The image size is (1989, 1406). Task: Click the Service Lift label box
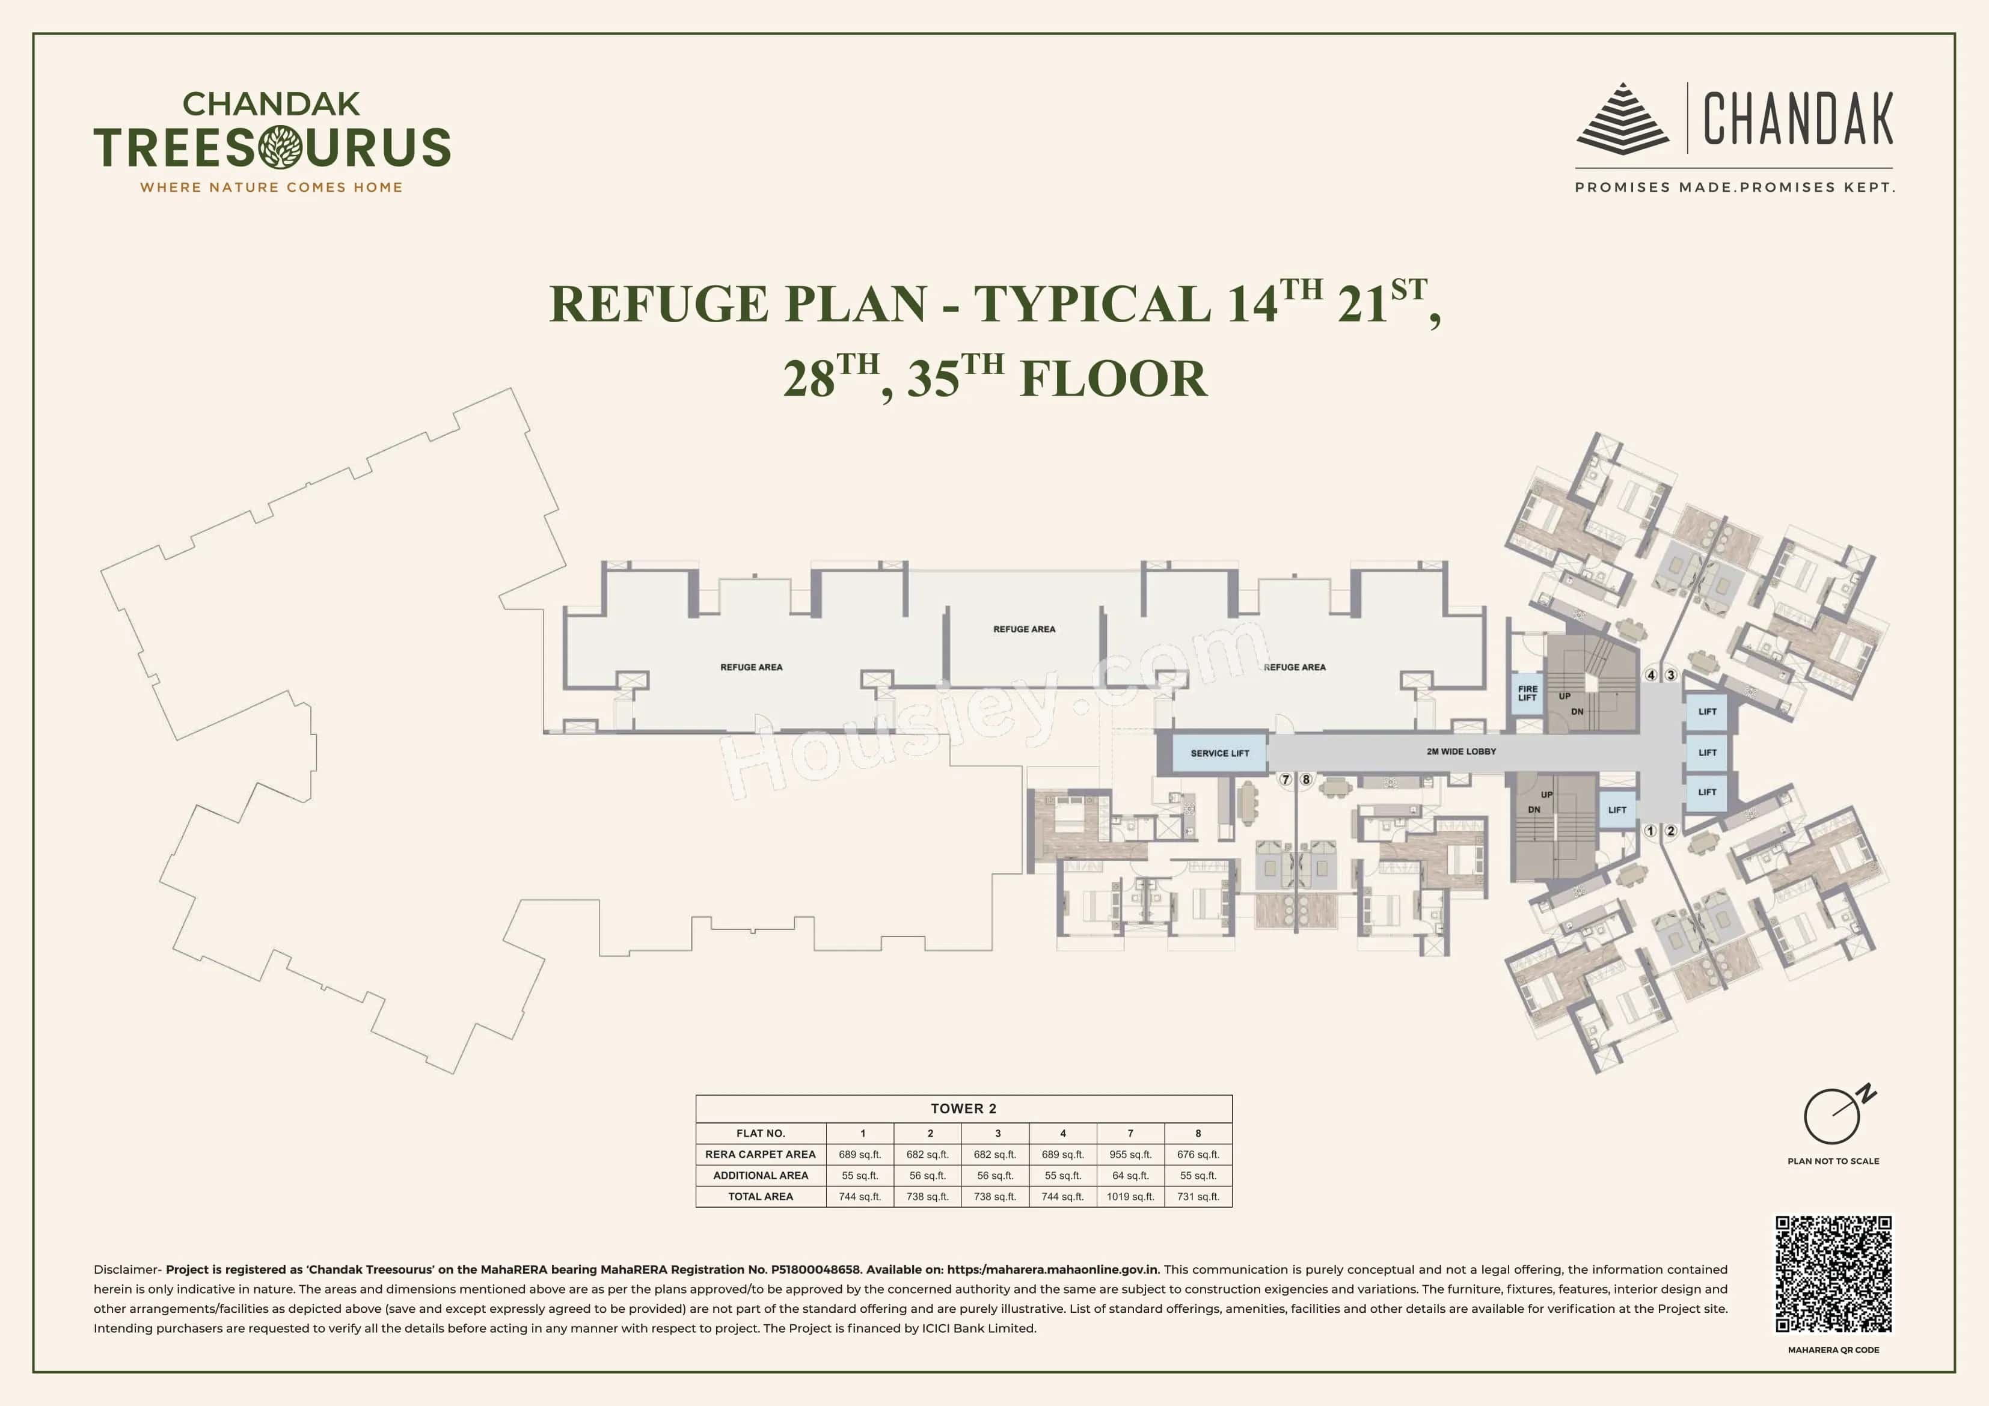(1220, 753)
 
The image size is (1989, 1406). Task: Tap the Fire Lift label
(1527, 694)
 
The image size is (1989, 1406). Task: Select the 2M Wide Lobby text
(1462, 751)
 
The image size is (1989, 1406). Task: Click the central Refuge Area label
(1024, 629)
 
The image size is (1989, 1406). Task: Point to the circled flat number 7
(1286, 780)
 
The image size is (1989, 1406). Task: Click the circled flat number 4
(1651, 675)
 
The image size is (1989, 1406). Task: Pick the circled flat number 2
(1671, 831)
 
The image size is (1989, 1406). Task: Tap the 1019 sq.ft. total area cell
(1130, 1196)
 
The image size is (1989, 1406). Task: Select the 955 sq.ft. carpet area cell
(1130, 1154)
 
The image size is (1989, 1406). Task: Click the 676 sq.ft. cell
(1198, 1154)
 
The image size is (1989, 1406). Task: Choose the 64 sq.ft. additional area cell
(1130, 1176)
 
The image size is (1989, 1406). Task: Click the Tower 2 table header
(963, 1109)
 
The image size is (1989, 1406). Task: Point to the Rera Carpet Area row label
(761, 1154)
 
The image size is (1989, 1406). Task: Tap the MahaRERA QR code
(1833, 1274)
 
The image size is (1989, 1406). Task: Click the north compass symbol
(1834, 1115)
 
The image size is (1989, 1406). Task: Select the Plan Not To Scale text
(1833, 1161)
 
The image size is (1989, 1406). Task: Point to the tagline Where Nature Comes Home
(271, 187)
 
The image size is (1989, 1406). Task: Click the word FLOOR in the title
(1113, 379)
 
